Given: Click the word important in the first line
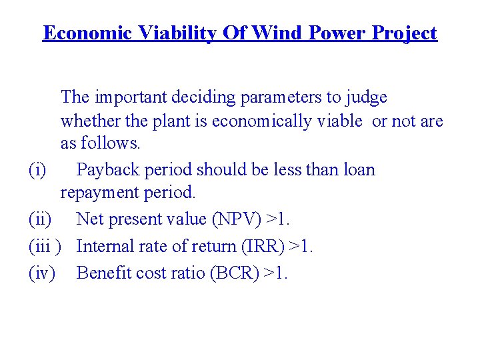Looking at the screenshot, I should [x=128, y=97].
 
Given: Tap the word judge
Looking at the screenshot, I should [x=366, y=99].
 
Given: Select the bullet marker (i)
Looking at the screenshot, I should [x=38, y=170].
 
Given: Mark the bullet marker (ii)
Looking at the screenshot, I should [x=41, y=219].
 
